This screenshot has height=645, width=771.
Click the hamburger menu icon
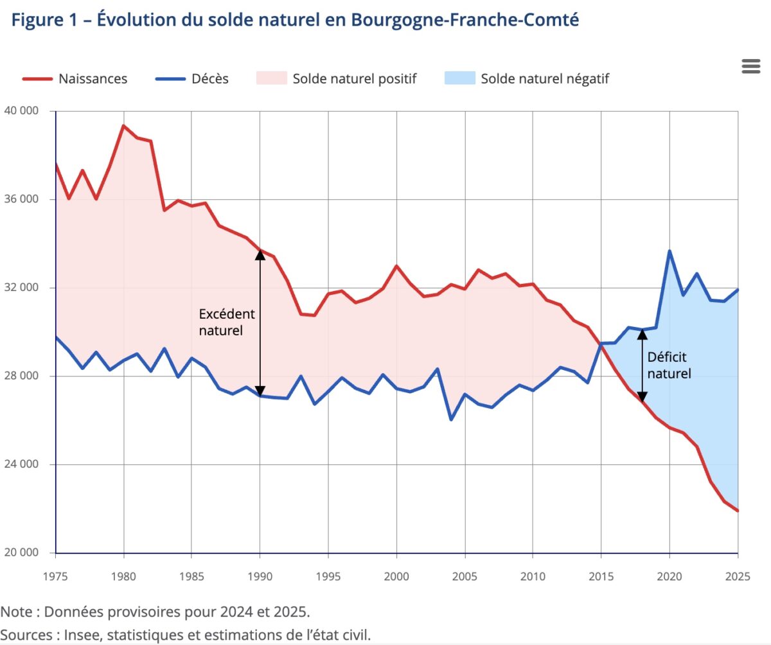coord(750,66)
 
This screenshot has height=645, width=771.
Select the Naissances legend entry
coord(75,79)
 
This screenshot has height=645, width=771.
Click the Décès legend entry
coord(192,79)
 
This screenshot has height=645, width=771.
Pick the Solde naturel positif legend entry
coord(337,79)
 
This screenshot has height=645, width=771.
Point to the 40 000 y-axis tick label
coord(22,110)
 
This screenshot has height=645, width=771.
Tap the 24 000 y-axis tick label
coord(22,464)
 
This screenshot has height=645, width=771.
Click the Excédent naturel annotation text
coord(227,322)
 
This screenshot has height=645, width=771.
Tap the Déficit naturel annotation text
coord(669,365)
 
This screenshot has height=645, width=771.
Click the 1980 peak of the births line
coord(123,126)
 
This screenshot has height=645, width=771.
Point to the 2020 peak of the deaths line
coord(669,251)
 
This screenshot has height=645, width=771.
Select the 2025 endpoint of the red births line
coord(738,511)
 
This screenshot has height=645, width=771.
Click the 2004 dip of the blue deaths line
coord(451,420)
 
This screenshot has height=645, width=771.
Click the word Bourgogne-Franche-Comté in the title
coord(465,20)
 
